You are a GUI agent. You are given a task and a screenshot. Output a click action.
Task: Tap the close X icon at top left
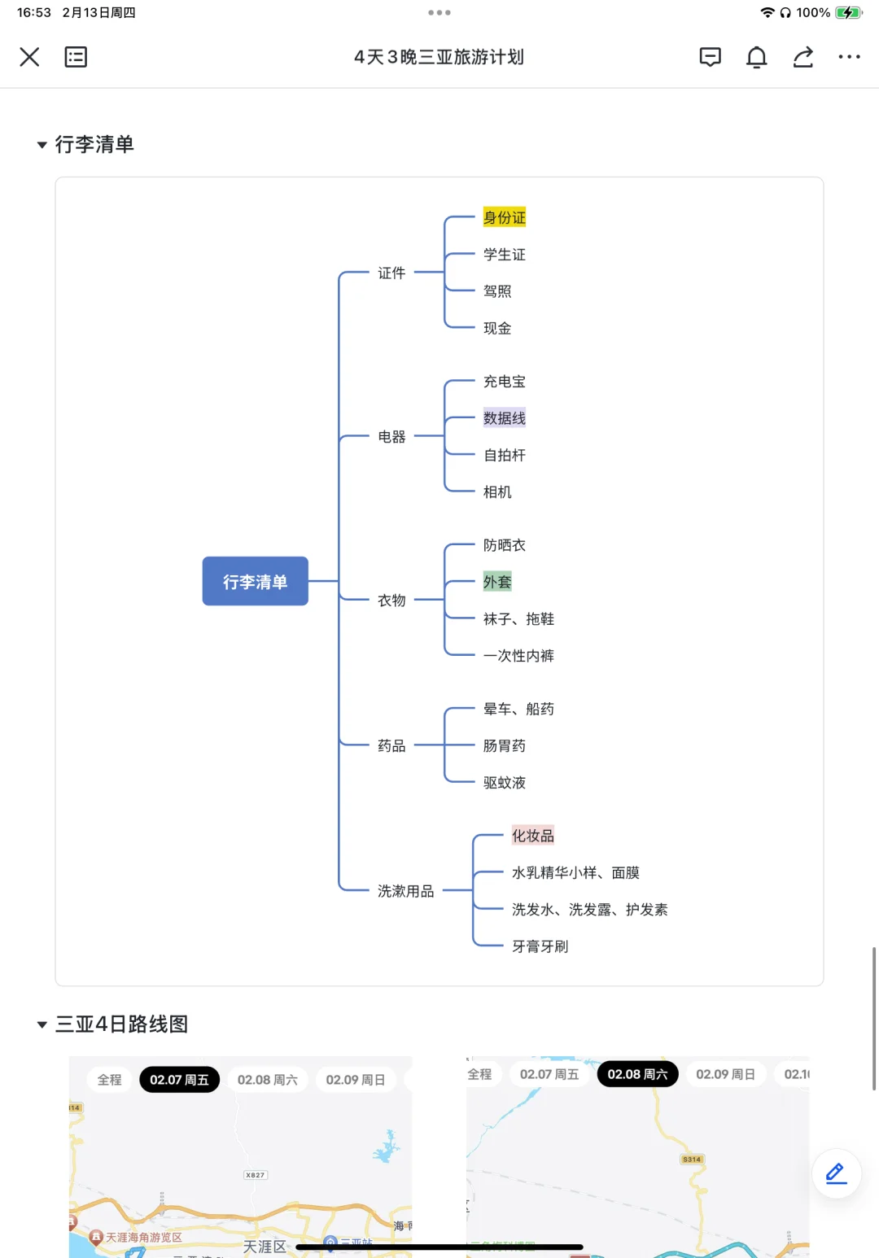[x=29, y=57]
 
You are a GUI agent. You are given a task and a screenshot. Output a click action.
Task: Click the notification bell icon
[x=756, y=57]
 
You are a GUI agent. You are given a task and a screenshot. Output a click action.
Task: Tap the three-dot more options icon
[x=849, y=57]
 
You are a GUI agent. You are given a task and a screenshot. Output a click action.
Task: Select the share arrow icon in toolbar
[x=802, y=57]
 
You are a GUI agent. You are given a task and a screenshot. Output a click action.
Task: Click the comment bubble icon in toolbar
[x=710, y=57]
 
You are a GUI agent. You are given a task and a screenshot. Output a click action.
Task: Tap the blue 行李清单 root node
[x=255, y=581]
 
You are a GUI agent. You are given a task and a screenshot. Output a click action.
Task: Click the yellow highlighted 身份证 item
[x=504, y=217]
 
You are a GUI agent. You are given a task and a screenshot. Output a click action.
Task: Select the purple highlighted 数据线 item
[x=504, y=418]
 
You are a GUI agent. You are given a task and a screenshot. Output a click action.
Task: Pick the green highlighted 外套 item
[x=496, y=582]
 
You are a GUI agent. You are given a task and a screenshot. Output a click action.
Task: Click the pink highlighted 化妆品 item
[x=532, y=836]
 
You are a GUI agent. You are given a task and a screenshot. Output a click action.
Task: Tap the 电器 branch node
[x=391, y=437]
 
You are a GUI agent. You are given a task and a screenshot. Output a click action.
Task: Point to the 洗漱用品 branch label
[x=405, y=891]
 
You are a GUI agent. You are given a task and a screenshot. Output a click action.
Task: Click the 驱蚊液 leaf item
[x=504, y=783]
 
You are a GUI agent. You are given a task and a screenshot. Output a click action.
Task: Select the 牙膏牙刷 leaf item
[x=540, y=946]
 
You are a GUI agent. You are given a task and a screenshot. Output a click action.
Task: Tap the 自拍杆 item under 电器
[x=504, y=456]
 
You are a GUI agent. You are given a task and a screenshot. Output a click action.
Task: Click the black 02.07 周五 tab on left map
[x=179, y=1080]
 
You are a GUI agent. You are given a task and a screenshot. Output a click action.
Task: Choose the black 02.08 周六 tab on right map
[x=637, y=1074]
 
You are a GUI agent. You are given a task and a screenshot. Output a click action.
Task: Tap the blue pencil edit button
[x=836, y=1173]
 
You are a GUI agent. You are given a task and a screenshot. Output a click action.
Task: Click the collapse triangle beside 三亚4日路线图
[x=42, y=1024]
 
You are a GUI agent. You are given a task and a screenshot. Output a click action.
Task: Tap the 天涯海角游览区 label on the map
[x=143, y=1237]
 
